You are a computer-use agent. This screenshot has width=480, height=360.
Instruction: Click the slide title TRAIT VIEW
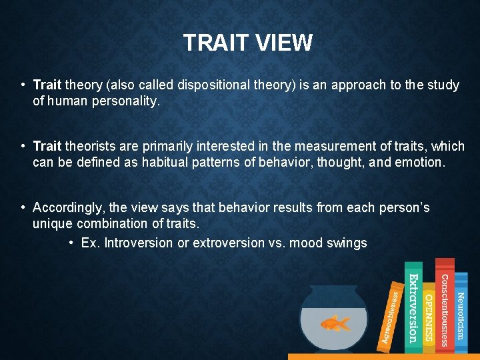tap(247, 43)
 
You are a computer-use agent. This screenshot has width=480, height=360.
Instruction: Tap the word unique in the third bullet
tap(53, 223)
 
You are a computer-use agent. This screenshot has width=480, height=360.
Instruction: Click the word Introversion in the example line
tap(139, 243)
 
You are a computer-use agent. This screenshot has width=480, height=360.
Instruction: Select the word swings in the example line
tap(346, 243)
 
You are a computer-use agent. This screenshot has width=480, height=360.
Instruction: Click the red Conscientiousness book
tap(444, 303)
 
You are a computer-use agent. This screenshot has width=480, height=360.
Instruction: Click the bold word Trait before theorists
tap(47, 146)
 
